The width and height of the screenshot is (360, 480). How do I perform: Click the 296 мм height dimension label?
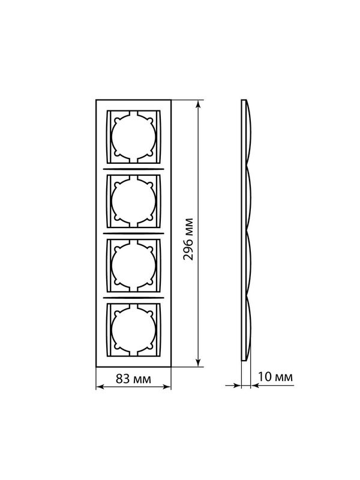click(x=188, y=239)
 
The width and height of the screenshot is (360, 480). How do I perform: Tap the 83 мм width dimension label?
click(x=133, y=379)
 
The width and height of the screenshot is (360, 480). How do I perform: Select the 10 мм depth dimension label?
click(x=275, y=377)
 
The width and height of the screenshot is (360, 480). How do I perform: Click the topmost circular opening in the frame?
click(x=133, y=137)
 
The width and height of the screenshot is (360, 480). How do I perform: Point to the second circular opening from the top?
click(x=133, y=202)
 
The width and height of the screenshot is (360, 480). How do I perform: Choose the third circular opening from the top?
click(x=133, y=265)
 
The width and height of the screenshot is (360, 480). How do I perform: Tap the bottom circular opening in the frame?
click(x=133, y=329)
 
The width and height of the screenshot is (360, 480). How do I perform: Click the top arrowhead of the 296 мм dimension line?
click(x=199, y=104)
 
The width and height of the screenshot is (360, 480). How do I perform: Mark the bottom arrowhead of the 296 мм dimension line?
click(x=199, y=362)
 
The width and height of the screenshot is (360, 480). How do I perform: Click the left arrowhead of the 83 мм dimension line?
click(x=100, y=387)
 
